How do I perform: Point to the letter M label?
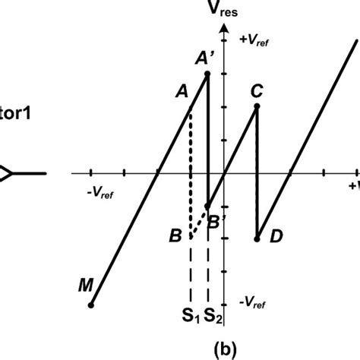(x=85, y=286)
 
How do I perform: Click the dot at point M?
(x=91, y=305)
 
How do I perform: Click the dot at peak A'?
(x=207, y=74)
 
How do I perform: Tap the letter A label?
(x=182, y=91)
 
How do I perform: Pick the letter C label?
(x=257, y=91)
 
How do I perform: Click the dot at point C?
(x=257, y=106)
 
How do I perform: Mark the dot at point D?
(x=257, y=238)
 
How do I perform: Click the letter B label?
(x=175, y=238)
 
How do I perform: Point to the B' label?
(x=216, y=221)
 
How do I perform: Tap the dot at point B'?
(x=207, y=205)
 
